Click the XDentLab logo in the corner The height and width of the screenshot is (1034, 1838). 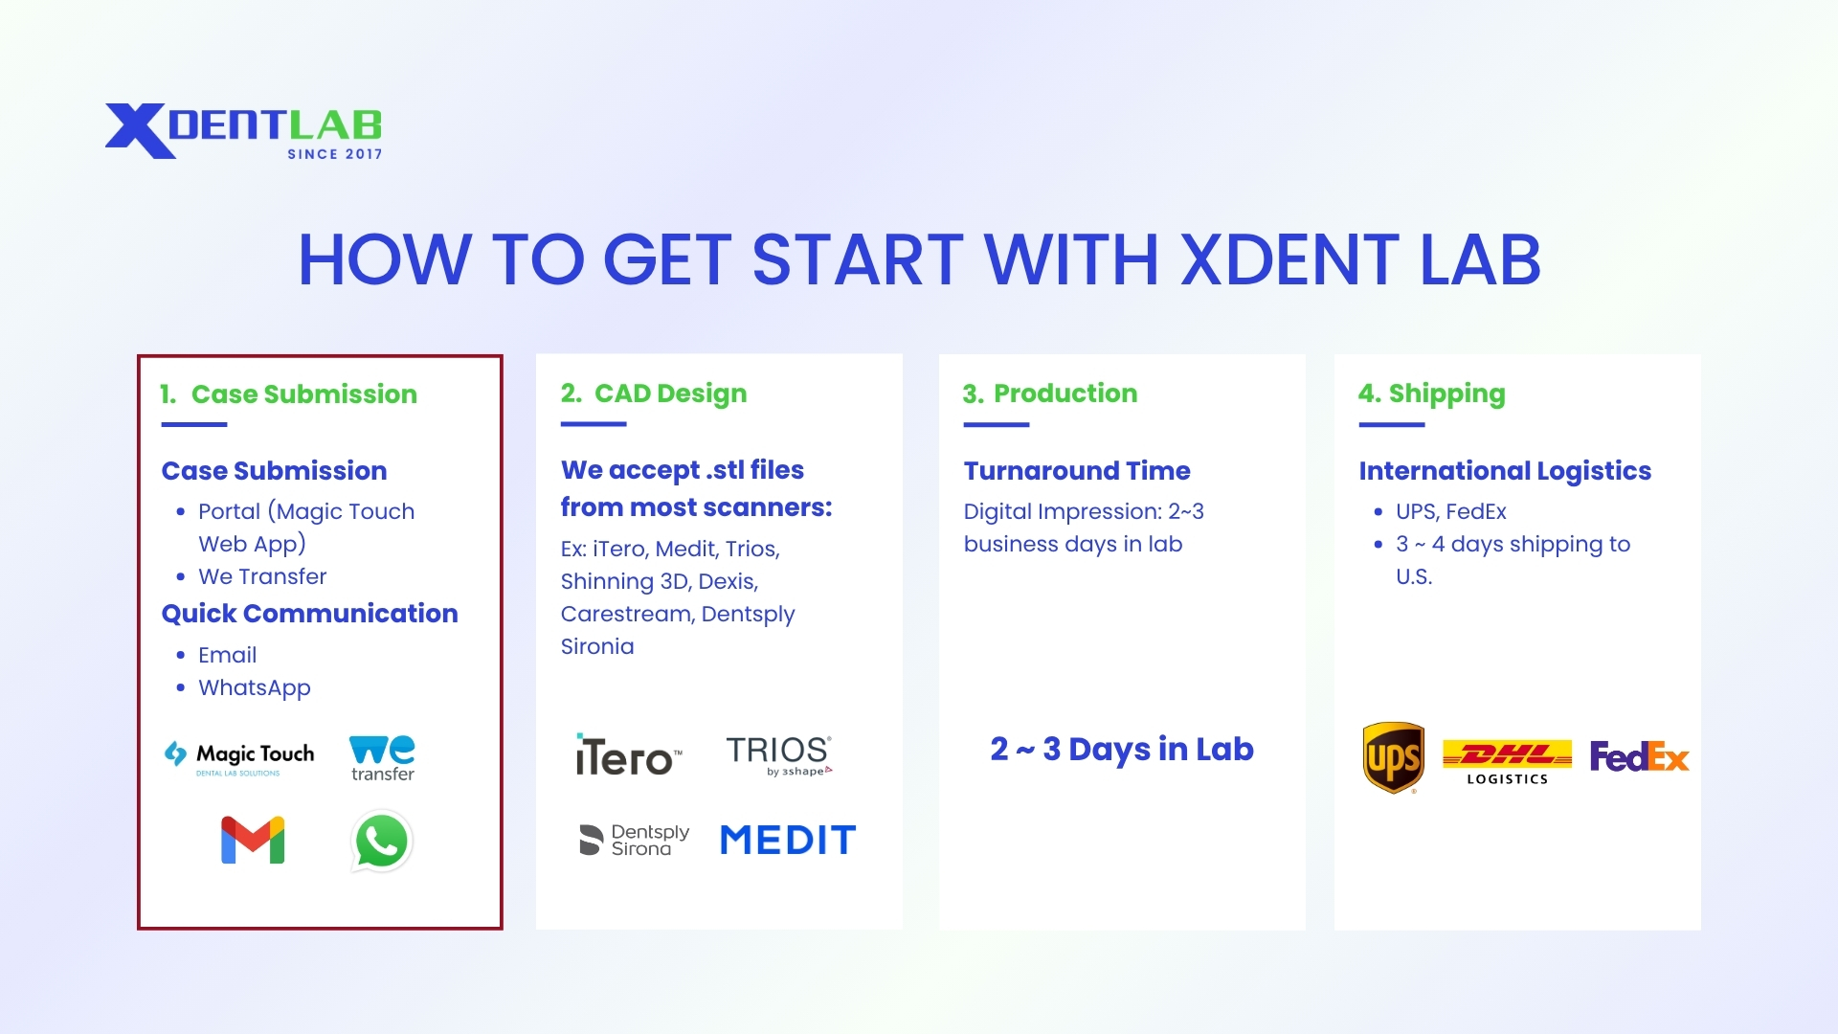[243, 130]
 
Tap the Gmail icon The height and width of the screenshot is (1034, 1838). [253, 841]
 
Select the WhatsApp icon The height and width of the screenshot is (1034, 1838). [382, 842]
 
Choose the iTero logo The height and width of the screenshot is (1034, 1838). [628, 756]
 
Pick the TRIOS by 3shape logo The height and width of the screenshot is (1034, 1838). [778, 755]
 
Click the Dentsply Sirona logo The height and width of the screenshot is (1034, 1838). [634, 840]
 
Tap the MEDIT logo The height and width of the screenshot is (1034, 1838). [788, 841]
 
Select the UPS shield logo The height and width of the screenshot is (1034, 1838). [1393, 757]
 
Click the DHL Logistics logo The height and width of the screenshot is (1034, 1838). [1507, 762]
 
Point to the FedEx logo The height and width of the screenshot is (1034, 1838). [1639, 757]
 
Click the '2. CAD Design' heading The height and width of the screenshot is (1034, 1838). [654, 393]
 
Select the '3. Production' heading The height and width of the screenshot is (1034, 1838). [1050, 393]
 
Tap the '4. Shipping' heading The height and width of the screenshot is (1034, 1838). [1431, 393]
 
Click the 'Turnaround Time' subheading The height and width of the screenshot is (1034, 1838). [1077, 471]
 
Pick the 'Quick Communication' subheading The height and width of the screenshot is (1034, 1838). [309, 614]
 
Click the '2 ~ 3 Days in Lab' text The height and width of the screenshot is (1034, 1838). [1122, 750]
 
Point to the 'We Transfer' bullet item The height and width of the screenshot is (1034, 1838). [262, 576]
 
